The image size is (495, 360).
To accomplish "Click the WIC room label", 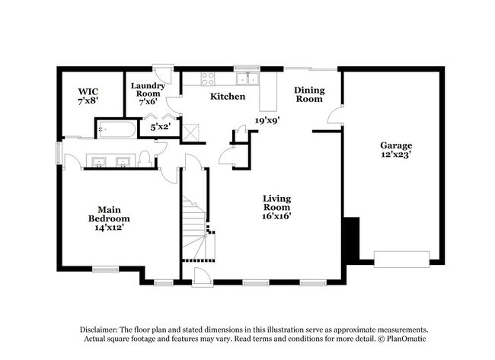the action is (x=88, y=92).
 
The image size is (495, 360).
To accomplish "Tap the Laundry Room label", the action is (x=148, y=90).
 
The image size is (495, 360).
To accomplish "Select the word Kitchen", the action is (x=228, y=96).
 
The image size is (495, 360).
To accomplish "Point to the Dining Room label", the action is (x=309, y=94).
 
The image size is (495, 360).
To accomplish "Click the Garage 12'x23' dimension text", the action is (x=396, y=155).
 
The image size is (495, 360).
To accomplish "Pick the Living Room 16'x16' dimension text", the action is (x=276, y=216).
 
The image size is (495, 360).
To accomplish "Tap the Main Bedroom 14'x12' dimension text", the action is (x=109, y=227).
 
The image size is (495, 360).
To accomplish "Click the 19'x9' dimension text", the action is (x=268, y=120).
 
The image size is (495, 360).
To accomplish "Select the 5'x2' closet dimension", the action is (x=161, y=127).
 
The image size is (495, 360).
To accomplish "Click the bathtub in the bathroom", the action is (x=117, y=129).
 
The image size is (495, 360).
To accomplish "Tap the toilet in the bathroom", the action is (x=145, y=159).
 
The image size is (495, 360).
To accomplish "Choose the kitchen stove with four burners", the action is (x=208, y=79).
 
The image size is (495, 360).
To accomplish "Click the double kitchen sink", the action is (x=248, y=79).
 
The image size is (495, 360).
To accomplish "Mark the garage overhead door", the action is (x=402, y=260).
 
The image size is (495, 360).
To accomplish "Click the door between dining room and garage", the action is (x=335, y=115).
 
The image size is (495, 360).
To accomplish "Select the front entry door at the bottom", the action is (x=203, y=278).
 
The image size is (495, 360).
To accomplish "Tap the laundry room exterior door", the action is (x=163, y=74).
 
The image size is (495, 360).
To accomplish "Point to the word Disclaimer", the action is (x=99, y=330).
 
